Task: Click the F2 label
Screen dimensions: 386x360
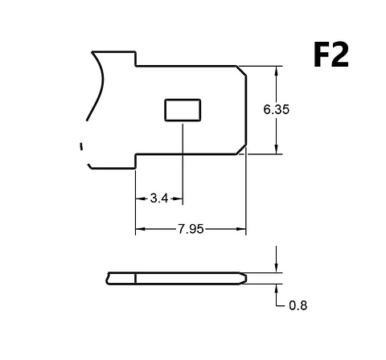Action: [331, 55]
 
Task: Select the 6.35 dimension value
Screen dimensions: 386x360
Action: [277, 109]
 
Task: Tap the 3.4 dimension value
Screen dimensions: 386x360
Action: [159, 198]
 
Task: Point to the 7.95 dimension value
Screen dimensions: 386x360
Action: [191, 229]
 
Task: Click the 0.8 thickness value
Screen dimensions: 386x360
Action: [298, 305]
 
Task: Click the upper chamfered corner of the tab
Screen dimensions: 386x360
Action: [241, 71]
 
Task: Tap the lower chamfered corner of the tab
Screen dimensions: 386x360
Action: [241, 149]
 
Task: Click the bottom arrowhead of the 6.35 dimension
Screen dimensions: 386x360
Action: [277, 150]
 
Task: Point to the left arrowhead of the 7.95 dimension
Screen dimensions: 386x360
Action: [140, 229]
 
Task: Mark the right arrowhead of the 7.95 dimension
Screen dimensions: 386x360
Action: [241, 229]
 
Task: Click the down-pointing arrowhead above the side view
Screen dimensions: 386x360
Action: [277, 268]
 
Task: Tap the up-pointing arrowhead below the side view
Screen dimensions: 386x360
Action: [277, 288]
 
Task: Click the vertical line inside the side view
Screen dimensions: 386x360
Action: [136, 279]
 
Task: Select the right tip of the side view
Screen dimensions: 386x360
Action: [246, 279]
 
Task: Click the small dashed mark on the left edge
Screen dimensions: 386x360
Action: [81, 146]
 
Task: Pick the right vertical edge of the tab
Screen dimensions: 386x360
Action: [246, 110]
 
